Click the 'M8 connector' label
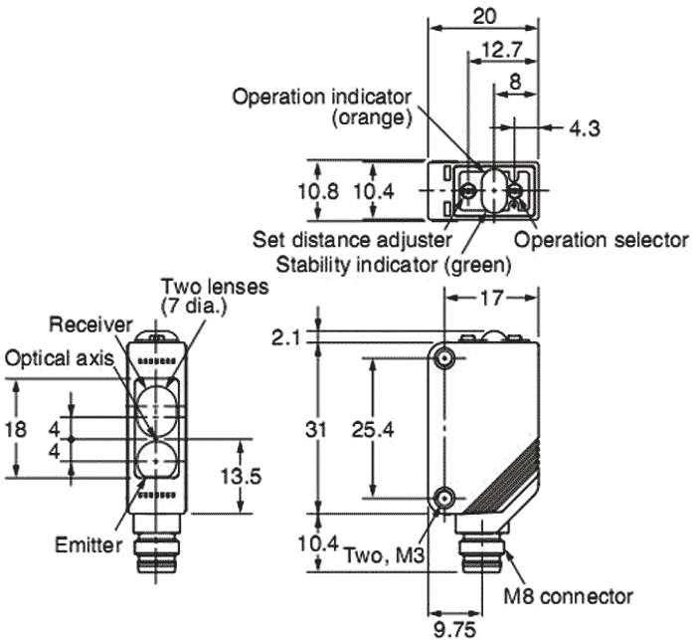568,596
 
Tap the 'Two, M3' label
382,553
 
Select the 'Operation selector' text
601,240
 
